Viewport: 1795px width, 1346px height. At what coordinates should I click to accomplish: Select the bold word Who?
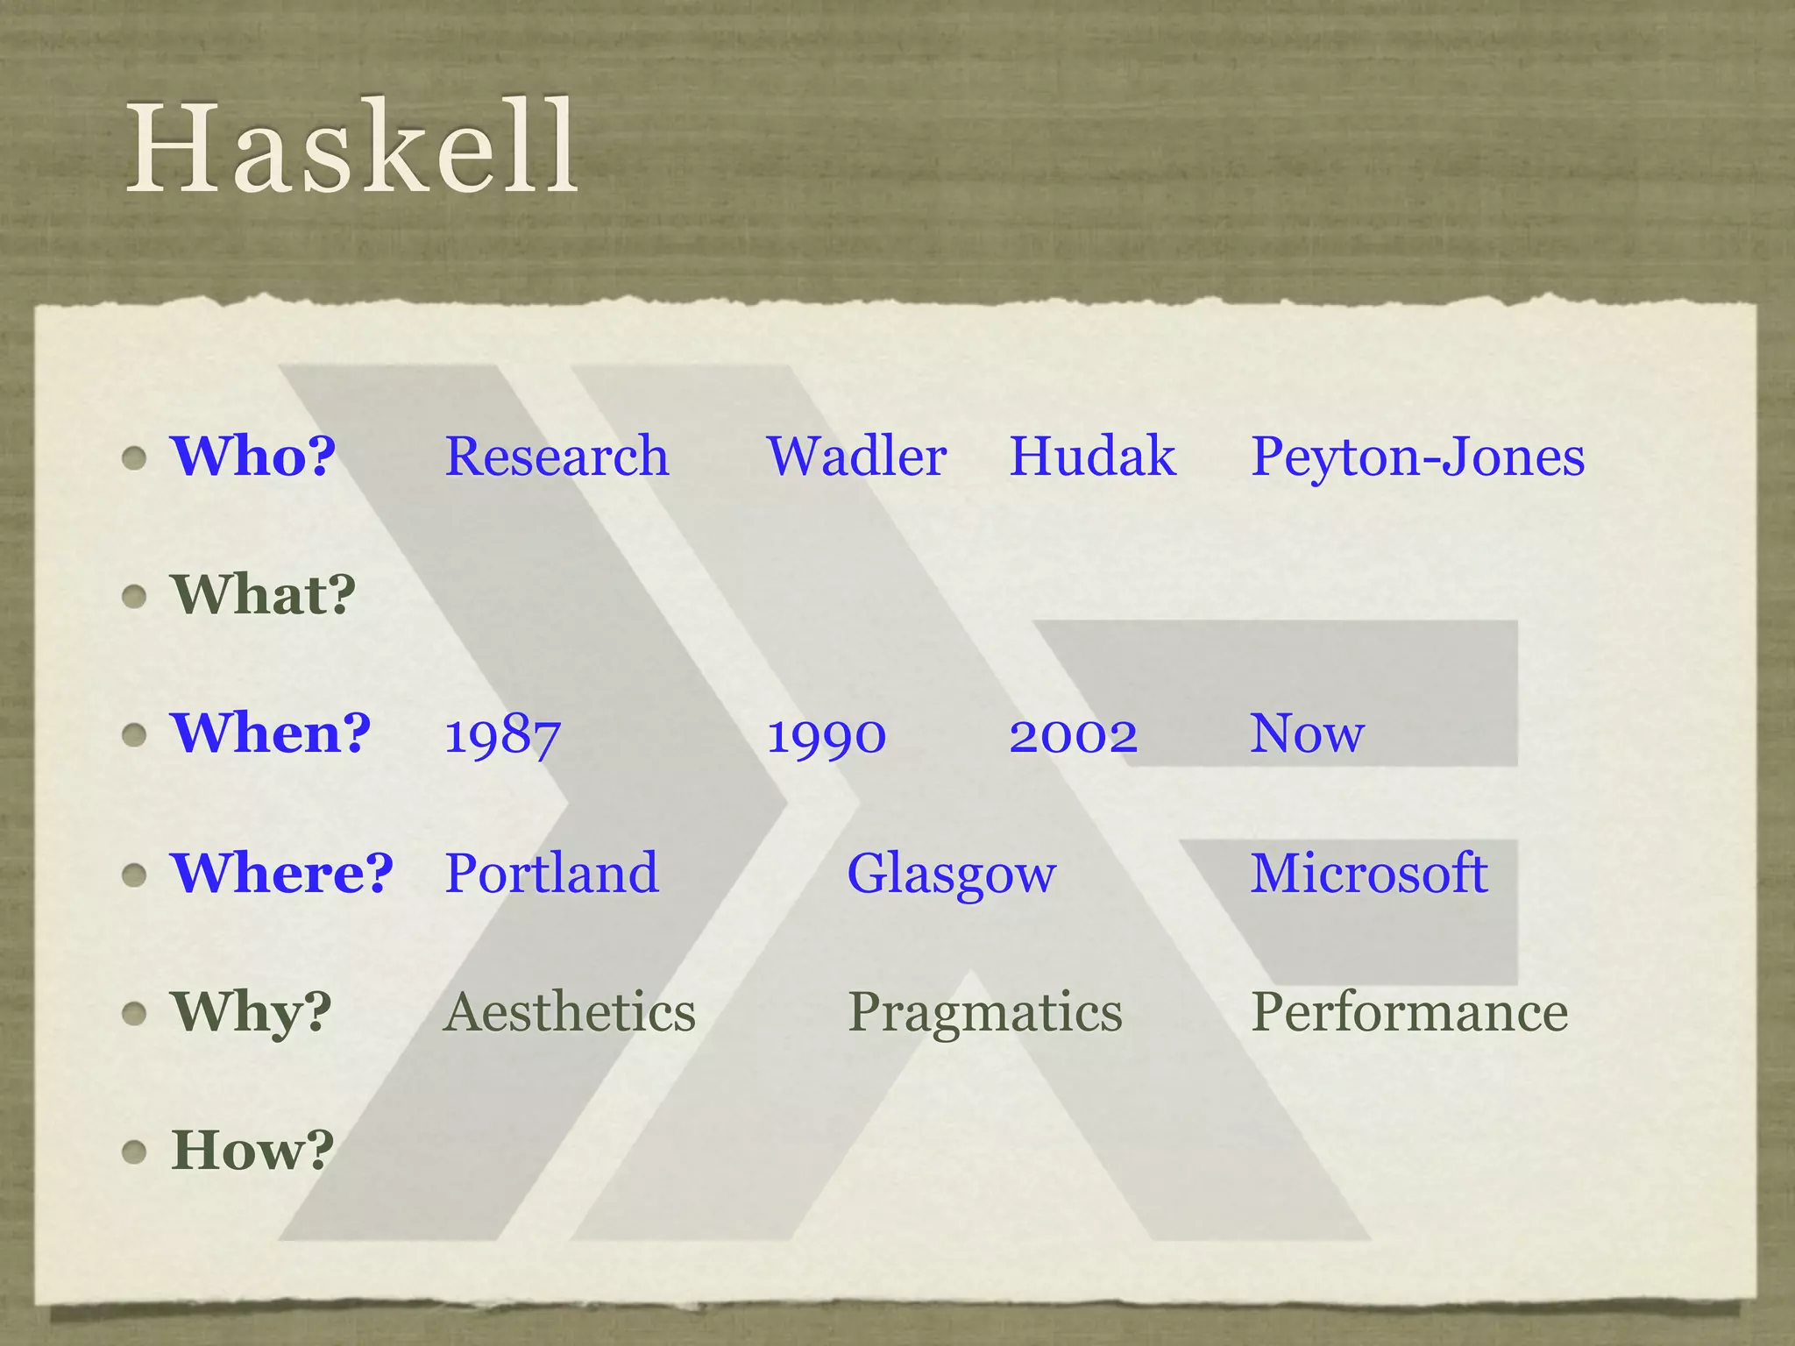[x=253, y=456]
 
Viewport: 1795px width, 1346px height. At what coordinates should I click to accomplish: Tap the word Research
[x=557, y=457]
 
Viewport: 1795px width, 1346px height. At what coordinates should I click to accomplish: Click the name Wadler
[x=856, y=457]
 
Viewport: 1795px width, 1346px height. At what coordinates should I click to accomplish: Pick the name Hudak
[x=1092, y=457]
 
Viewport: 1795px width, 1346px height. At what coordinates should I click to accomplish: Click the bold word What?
[x=264, y=594]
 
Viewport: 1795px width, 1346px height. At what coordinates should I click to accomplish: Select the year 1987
[x=502, y=735]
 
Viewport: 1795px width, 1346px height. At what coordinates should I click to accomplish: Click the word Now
[x=1307, y=733]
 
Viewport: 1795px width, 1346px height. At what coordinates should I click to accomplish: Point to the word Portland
[x=551, y=873]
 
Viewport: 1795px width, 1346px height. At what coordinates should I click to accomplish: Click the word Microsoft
[x=1368, y=873]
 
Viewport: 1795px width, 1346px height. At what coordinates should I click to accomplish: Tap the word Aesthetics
[x=569, y=1012]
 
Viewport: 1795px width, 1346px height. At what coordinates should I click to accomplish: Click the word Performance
[x=1408, y=1012]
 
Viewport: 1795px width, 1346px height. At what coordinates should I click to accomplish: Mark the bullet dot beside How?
[x=134, y=1151]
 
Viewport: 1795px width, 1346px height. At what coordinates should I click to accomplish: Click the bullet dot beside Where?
[x=134, y=875]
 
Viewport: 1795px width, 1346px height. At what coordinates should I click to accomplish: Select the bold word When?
[x=271, y=733]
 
